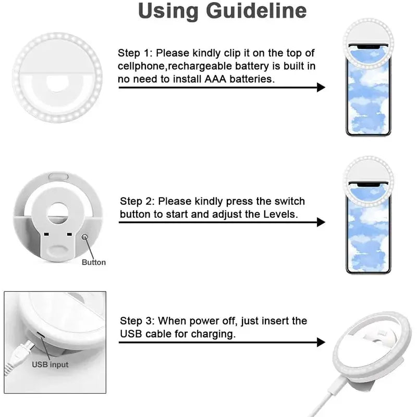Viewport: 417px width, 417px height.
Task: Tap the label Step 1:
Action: coord(136,53)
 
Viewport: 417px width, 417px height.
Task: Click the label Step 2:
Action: coord(138,201)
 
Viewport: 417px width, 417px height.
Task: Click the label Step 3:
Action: coord(138,321)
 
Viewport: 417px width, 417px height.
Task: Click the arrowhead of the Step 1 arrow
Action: coord(321,88)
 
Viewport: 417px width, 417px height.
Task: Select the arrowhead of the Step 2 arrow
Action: coord(321,222)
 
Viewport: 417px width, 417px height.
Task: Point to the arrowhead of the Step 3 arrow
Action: coord(321,342)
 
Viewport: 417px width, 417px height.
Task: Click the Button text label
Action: coord(94,262)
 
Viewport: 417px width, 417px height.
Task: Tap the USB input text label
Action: coord(50,365)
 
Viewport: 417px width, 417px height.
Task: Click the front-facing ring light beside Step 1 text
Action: coord(57,77)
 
